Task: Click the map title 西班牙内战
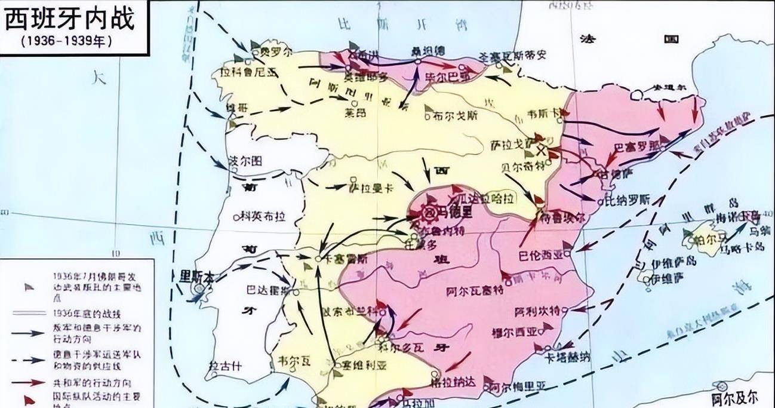coord(70,20)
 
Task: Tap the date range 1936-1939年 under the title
coord(66,42)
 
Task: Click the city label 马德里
coord(455,211)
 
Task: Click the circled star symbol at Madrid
coord(429,211)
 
